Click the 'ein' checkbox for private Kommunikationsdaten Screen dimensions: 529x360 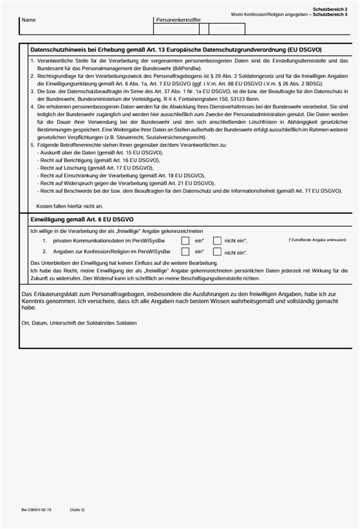point(185,240)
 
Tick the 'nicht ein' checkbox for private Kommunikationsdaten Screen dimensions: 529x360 point(217,240)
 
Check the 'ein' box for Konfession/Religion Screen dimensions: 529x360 point(185,252)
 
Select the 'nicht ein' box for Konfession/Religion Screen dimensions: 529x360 point(217,252)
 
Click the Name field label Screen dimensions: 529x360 point(29,20)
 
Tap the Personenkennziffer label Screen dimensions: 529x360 point(178,20)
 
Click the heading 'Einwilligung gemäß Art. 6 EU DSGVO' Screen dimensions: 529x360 point(81,219)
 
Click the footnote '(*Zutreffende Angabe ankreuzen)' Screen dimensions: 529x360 point(317,240)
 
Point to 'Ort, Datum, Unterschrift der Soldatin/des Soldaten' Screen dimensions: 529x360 point(79,323)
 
